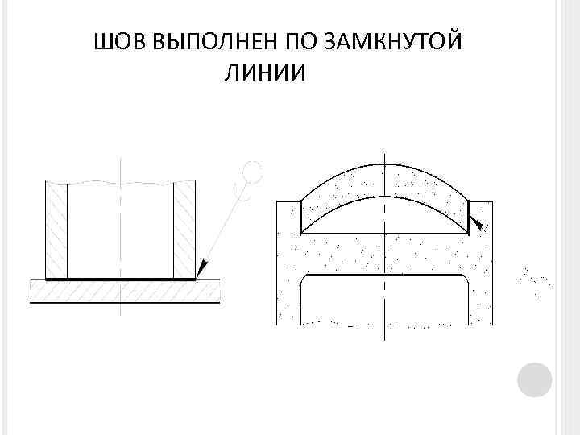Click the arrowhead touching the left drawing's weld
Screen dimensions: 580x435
[201, 267]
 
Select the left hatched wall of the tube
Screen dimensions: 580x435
[56, 230]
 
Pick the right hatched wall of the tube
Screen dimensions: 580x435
[185, 230]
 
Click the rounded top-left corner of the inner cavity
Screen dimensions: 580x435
[305, 280]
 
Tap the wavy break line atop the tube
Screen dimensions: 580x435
[121, 182]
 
